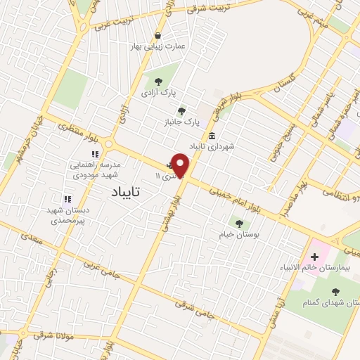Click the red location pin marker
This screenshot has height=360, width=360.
point(181,165)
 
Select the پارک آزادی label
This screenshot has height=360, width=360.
point(158,92)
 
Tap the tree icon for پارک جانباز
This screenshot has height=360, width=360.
point(182,110)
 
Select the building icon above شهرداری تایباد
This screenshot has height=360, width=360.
point(212,136)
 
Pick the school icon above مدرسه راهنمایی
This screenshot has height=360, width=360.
point(94,154)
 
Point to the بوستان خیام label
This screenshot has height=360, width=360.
point(240,234)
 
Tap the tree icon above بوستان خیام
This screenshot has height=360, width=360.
point(240,224)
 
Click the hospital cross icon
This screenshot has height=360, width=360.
point(314,256)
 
